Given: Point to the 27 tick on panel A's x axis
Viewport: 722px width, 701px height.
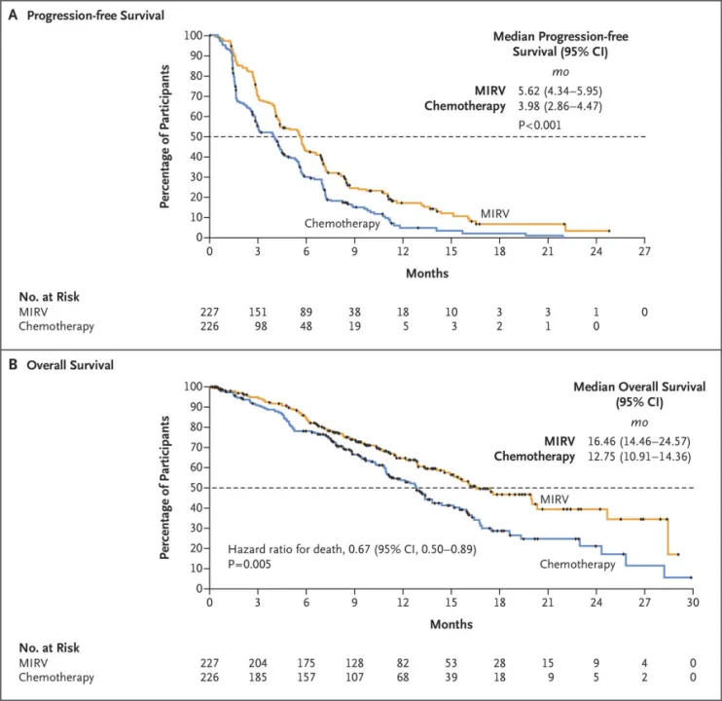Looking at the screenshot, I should [x=644, y=251].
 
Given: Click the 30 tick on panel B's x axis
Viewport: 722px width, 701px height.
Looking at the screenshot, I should [x=692, y=603].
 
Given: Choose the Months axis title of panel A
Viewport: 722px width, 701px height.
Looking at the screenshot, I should [x=427, y=274].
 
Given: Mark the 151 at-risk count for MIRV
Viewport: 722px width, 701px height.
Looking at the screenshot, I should [x=258, y=312].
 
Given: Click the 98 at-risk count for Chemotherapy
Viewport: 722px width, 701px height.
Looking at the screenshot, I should [x=258, y=327].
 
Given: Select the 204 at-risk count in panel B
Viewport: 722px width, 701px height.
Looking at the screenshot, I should [x=258, y=663].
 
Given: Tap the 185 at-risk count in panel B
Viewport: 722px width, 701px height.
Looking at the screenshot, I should [x=258, y=679].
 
